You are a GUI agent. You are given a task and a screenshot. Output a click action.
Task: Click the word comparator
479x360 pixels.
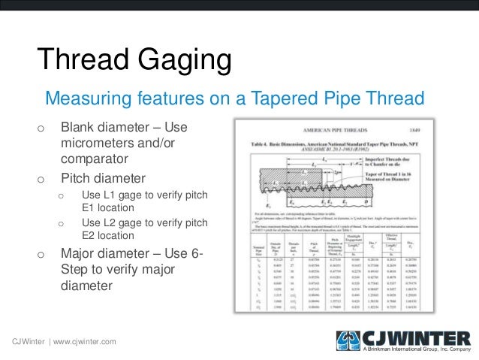pos(95,159)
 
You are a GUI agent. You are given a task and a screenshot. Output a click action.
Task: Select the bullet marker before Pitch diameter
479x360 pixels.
pos(41,180)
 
